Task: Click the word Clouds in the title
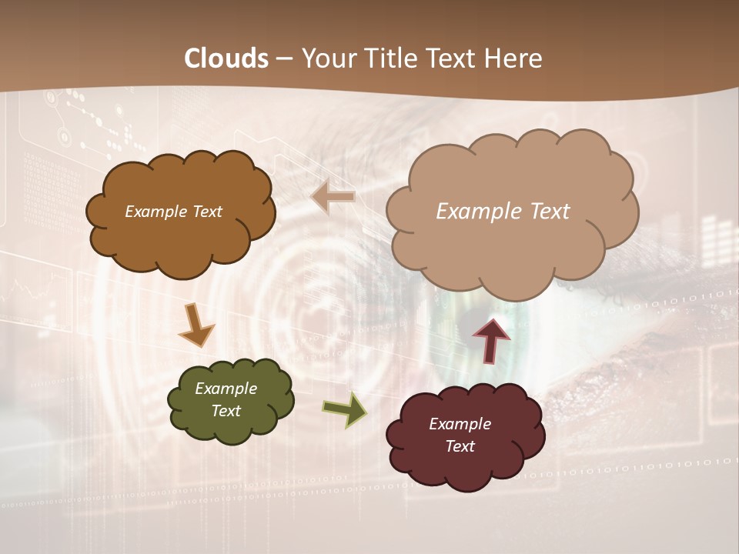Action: (226, 58)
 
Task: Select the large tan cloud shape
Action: (512, 246)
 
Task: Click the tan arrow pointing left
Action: (333, 198)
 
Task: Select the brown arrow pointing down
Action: (196, 325)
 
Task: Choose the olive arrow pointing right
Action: (345, 409)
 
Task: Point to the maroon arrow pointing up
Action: (491, 339)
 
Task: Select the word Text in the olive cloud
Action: (226, 411)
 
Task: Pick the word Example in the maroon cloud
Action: (460, 424)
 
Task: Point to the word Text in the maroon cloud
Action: (460, 446)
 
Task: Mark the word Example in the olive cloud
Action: (226, 389)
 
